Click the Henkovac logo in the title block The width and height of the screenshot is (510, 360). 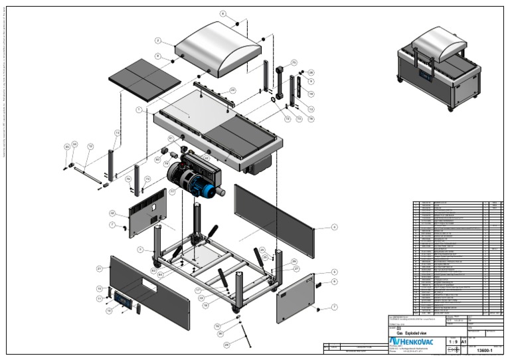(412, 341)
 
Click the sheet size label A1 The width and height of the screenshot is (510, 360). (464, 342)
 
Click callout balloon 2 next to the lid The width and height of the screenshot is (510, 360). (159, 41)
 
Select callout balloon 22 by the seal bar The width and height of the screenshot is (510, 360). (232, 90)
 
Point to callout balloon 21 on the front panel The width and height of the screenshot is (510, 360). (99, 268)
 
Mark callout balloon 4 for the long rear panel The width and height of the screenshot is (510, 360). (335, 226)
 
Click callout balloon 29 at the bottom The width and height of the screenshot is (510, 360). (226, 345)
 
